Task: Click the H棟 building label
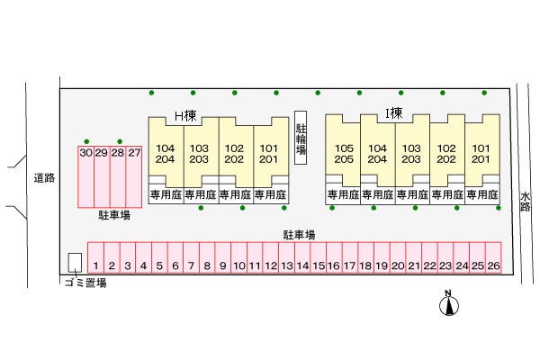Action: (185, 114)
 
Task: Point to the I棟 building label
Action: (393, 113)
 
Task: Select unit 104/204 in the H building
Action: (166, 154)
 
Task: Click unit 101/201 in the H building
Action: (267, 154)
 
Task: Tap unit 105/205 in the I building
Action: (343, 154)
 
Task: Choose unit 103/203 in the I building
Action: (411, 154)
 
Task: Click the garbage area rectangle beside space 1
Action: (75, 262)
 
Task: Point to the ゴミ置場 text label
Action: (86, 283)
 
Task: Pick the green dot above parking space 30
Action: (85, 140)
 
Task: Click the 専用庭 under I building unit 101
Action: (482, 193)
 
